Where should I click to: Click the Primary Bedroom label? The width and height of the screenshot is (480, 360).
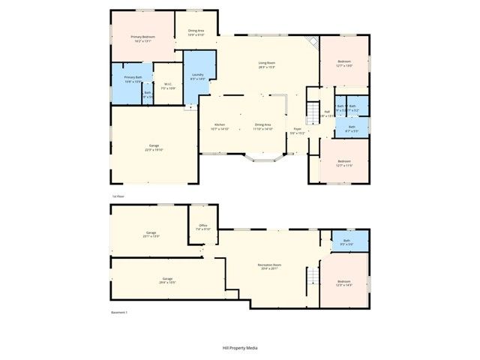click(143, 37)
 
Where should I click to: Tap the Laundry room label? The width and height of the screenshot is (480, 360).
click(198, 74)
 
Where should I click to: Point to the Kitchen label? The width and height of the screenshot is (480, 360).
click(220, 124)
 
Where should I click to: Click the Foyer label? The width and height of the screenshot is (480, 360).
click(298, 129)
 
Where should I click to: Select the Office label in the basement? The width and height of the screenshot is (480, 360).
click(202, 225)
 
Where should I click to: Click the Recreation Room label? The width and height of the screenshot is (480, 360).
click(268, 264)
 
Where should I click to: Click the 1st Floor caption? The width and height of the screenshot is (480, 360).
click(118, 196)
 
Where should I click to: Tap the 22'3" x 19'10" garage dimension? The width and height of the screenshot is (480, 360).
click(154, 149)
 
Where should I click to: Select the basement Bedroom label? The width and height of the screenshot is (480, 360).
click(343, 280)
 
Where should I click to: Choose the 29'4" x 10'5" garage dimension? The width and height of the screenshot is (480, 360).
click(166, 283)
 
